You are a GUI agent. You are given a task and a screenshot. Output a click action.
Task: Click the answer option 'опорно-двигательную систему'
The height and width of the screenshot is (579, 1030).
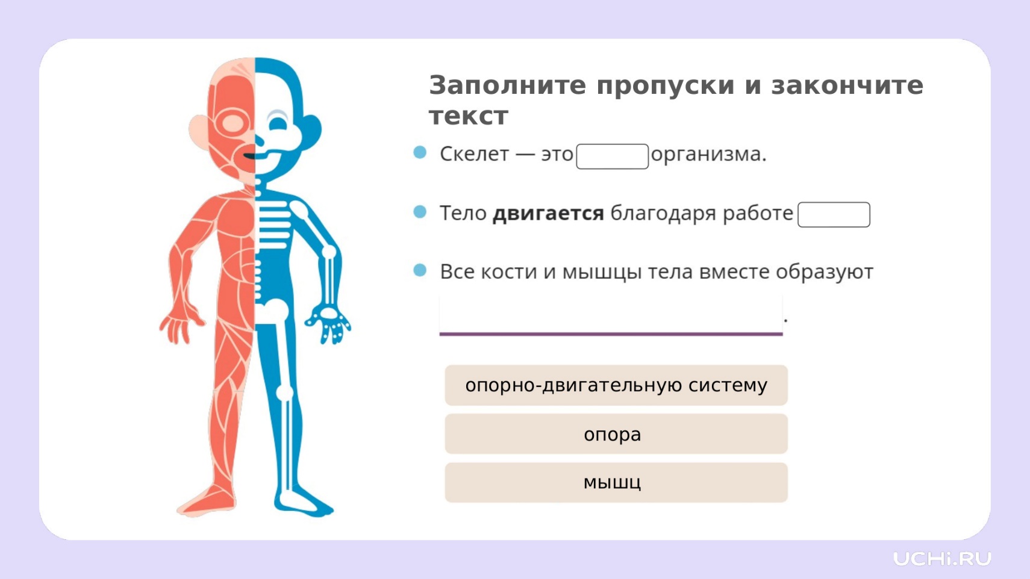[x=616, y=385]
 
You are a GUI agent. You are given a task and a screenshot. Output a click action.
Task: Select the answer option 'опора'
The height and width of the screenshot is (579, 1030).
[x=616, y=434]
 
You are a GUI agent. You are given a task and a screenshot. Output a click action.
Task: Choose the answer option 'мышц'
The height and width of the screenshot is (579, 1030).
[x=616, y=483]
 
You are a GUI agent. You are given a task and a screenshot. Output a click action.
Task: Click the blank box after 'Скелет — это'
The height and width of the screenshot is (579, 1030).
[x=613, y=156]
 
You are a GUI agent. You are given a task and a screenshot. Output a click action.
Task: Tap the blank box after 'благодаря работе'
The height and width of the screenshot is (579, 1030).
[x=834, y=215]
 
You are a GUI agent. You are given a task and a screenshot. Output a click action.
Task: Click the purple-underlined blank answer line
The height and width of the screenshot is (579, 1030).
[x=611, y=334]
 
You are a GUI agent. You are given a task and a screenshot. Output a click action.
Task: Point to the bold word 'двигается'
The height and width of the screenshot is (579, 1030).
[x=548, y=214]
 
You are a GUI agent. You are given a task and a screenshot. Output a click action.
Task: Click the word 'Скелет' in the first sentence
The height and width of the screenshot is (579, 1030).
[x=475, y=154]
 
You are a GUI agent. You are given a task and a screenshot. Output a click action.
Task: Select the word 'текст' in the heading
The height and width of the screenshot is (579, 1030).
[x=469, y=116]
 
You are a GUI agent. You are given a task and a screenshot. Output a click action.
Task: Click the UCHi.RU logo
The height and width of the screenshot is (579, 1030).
[x=942, y=559]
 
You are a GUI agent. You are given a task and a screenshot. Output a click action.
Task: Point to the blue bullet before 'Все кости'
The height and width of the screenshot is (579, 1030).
[x=420, y=270]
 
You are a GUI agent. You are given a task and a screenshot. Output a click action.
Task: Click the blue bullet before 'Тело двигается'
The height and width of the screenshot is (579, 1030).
[x=420, y=212]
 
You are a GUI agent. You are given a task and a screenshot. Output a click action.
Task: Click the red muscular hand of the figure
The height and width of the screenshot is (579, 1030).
[x=180, y=324]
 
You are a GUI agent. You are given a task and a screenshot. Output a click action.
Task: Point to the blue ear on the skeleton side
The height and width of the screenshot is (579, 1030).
[x=313, y=131]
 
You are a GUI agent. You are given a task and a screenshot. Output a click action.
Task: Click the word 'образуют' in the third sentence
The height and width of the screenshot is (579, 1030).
[x=825, y=272]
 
